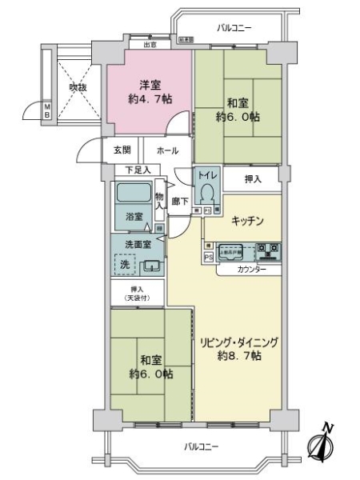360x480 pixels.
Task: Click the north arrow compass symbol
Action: pyautogui.click(x=322, y=442)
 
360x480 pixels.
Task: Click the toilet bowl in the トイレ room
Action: pyautogui.click(x=208, y=194)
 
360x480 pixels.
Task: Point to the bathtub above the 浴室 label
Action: pyautogui.click(x=132, y=193)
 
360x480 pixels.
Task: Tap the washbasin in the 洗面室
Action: pyautogui.click(x=153, y=266)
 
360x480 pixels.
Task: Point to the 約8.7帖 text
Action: pyautogui.click(x=239, y=357)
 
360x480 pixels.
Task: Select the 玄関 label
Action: pyautogui.click(x=122, y=150)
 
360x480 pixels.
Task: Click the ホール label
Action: pyautogui.click(x=167, y=150)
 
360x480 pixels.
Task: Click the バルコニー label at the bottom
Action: pyautogui.click(x=197, y=446)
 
